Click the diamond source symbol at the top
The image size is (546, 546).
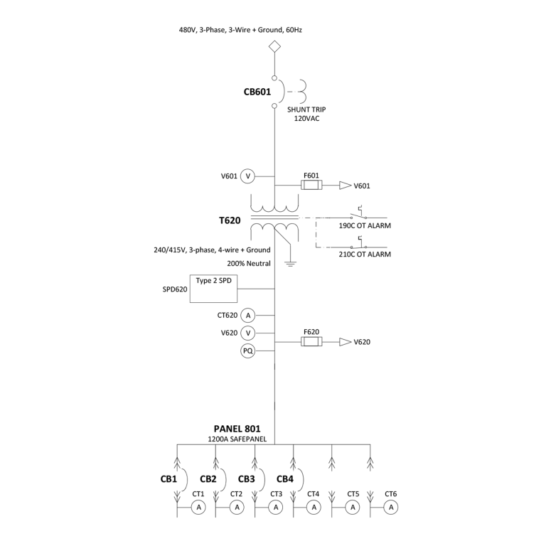(274, 48)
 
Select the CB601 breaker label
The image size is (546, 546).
(258, 91)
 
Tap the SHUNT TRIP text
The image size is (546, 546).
(307, 109)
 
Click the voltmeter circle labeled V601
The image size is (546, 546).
(247, 176)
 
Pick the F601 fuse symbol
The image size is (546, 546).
(311, 186)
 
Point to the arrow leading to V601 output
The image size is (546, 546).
(345, 186)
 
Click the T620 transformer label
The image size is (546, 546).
(230, 220)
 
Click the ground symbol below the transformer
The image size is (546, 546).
(290, 263)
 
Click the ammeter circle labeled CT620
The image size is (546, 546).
(247, 315)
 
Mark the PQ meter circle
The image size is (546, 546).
(247, 350)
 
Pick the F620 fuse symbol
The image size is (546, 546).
(311, 342)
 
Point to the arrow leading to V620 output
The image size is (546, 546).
(345, 342)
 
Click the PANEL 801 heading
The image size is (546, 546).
(237, 429)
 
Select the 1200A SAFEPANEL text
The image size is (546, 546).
(237, 439)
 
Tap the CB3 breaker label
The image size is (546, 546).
(247, 478)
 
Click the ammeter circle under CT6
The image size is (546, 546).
(390, 507)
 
